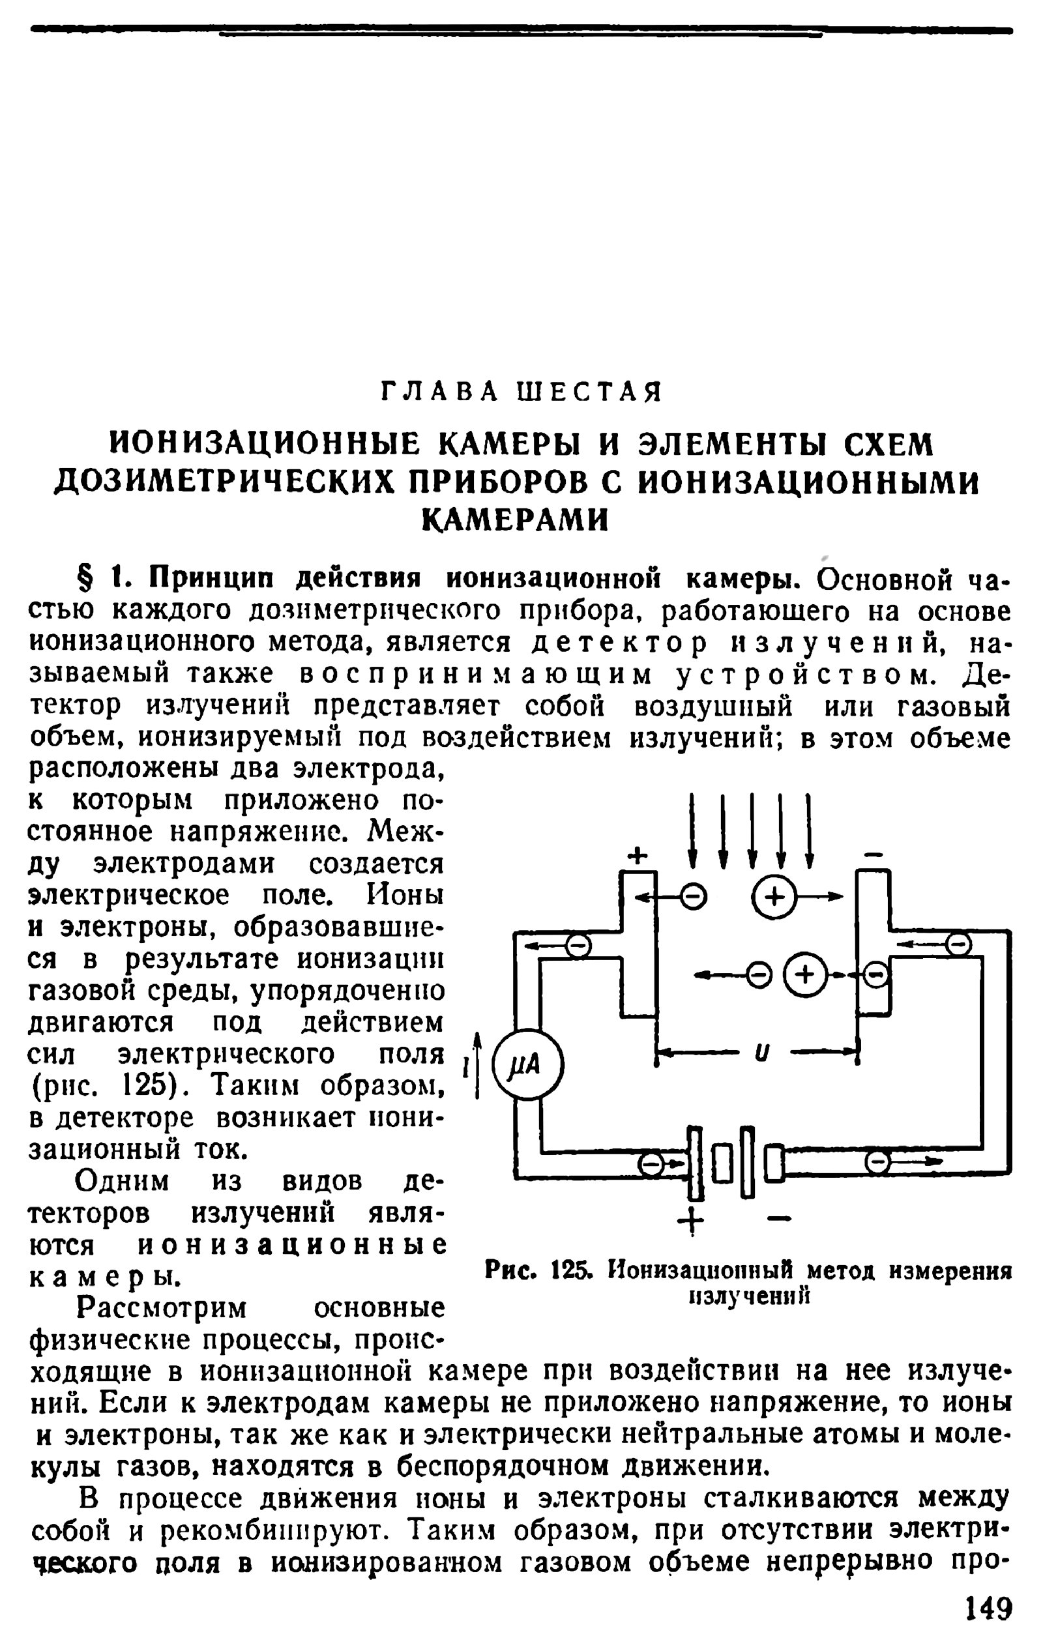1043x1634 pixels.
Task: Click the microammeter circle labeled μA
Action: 527,1066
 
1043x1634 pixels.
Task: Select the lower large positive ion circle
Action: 804,975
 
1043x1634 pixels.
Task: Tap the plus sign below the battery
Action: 692,1221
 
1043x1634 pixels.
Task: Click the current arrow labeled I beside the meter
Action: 477,1066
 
